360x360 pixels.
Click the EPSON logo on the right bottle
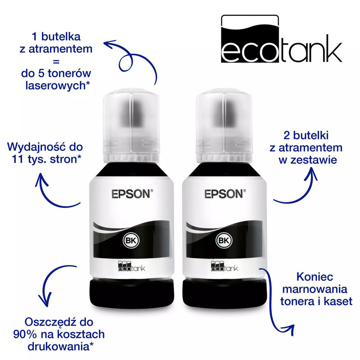(222, 194)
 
